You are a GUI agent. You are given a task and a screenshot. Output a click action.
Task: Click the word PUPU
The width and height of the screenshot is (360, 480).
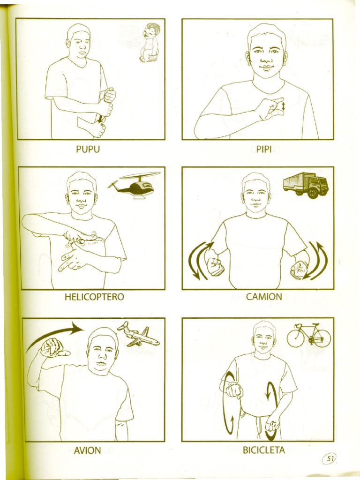tap(88, 150)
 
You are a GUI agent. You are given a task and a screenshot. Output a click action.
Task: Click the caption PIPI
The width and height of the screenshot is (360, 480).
tap(264, 150)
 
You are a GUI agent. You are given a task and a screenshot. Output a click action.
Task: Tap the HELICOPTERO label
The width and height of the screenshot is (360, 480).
tap(96, 297)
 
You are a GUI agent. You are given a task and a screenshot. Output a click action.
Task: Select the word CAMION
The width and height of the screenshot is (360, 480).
tap(264, 297)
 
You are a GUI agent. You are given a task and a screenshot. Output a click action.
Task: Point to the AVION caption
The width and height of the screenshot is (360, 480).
tap(87, 450)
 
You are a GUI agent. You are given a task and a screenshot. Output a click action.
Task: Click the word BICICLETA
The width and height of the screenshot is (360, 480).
tap(263, 450)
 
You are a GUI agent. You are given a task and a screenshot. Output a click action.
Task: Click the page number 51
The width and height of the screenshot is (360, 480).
tap(330, 459)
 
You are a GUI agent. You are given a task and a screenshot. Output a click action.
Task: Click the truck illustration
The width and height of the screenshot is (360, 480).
tap(306, 184)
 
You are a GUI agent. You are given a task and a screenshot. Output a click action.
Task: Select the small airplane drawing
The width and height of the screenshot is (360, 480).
tap(139, 335)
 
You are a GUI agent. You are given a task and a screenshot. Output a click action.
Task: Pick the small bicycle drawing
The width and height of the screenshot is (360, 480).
tap(309, 335)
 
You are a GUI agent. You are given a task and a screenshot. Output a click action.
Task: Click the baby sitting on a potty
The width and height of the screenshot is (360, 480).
tap(150, 43)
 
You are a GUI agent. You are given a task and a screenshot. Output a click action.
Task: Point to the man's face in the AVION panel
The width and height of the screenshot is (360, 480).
tap(102, 352)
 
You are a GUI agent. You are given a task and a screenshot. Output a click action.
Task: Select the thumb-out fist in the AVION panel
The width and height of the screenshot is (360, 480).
tap(53, 348)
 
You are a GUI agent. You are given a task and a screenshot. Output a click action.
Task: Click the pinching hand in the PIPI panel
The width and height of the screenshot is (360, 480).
tap(271, 109)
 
